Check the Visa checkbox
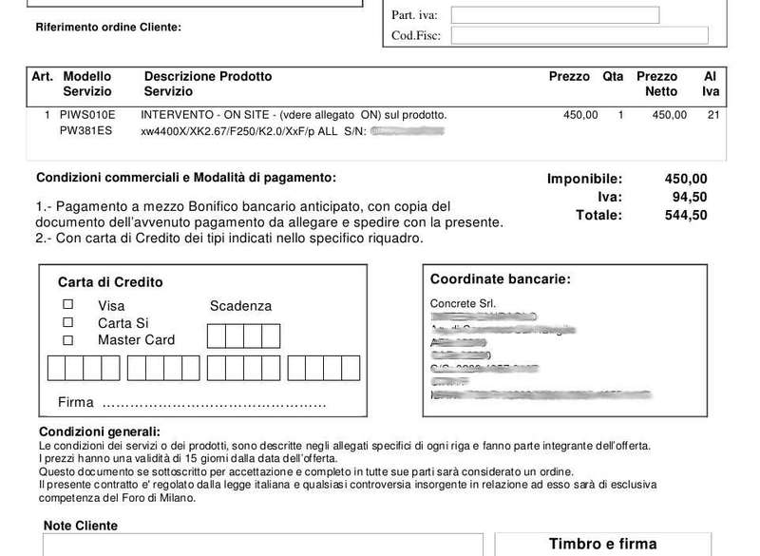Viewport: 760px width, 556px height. coord(67,305)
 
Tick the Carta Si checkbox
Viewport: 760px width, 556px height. coord(67,322)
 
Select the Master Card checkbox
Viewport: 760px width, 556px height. coord(67,339)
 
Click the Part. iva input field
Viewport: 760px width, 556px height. coord(554,15)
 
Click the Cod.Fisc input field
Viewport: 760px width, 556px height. coord(579,36)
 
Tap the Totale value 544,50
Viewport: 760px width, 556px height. coord(685,215)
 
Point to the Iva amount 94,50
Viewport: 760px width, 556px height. coord(690,197)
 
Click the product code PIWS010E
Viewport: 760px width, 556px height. coord(87,115)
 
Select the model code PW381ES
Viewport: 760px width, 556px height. coord(85,131)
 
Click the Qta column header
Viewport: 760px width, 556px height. coord(613,76)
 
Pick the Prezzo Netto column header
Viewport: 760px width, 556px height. coord(657,84)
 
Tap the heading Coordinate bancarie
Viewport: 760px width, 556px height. coord(500,279)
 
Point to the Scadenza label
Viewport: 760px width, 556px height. coord(240,306)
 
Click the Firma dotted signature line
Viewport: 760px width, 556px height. coord(214,403)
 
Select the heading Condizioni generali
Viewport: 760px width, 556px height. coord(99,432)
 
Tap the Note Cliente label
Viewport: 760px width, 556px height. coord(81,526)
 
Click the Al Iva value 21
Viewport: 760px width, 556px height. coord(713,115)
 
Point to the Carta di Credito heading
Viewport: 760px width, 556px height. coord(110,282)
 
